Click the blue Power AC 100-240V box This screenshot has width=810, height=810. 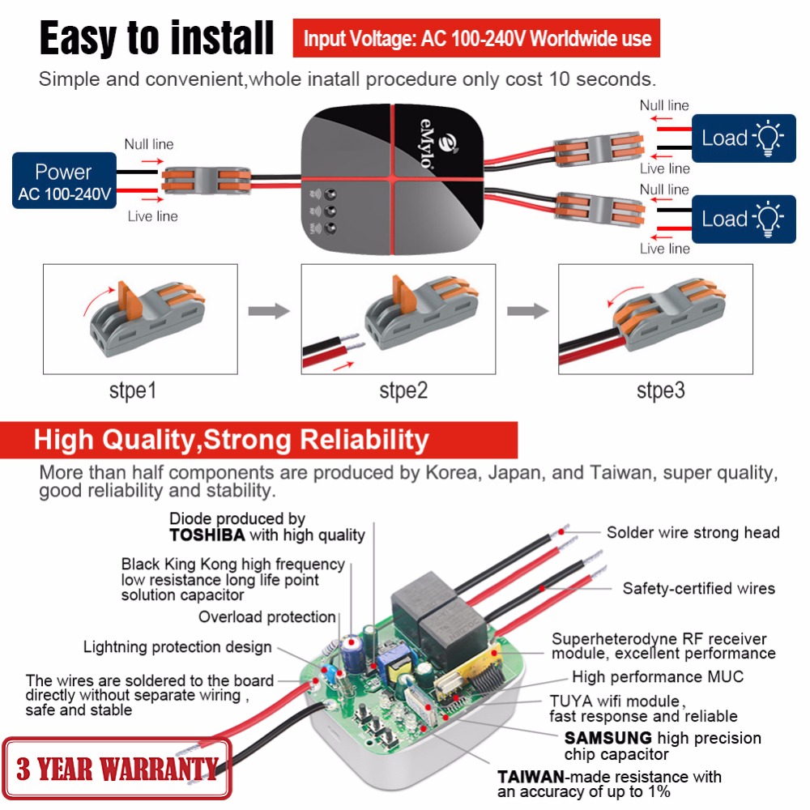(x=64, y=181)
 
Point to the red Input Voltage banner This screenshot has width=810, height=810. (x=476, y=38)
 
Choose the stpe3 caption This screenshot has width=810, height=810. (x=660, y=391)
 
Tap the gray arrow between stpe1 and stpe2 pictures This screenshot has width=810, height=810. (x=269, y=309)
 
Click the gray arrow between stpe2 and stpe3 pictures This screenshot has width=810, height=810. (x=526, y=309)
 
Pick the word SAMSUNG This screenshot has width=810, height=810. (x=608, y=738)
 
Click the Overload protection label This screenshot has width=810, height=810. (x=267, y=617)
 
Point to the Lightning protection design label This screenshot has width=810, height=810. (x=177, y=647)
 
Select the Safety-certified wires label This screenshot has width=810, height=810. (x=698, y=589)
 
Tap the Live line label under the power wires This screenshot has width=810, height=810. (x=152, y=216)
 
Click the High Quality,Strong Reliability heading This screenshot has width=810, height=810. (x=231, y=440)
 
